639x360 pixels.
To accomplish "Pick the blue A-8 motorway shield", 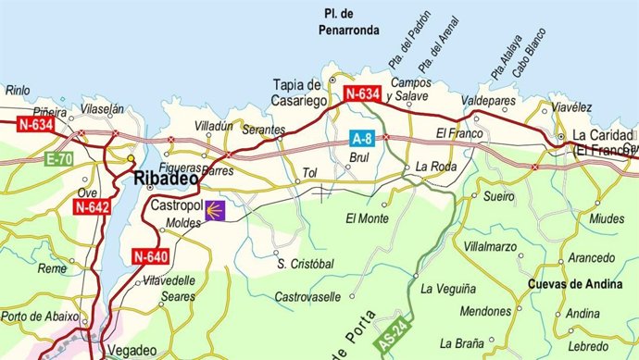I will (x=362, y=139).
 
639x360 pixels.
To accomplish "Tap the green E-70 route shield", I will (x=58, y=160).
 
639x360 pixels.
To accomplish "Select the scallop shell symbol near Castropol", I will (x=216, y=209).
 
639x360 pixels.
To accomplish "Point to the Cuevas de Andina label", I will (x=574, y=285).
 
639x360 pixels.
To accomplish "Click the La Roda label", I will (x=437, y=168).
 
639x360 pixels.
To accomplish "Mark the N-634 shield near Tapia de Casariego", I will (x=362, y=93).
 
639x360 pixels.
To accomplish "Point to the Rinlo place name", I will (x=19, y=91).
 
